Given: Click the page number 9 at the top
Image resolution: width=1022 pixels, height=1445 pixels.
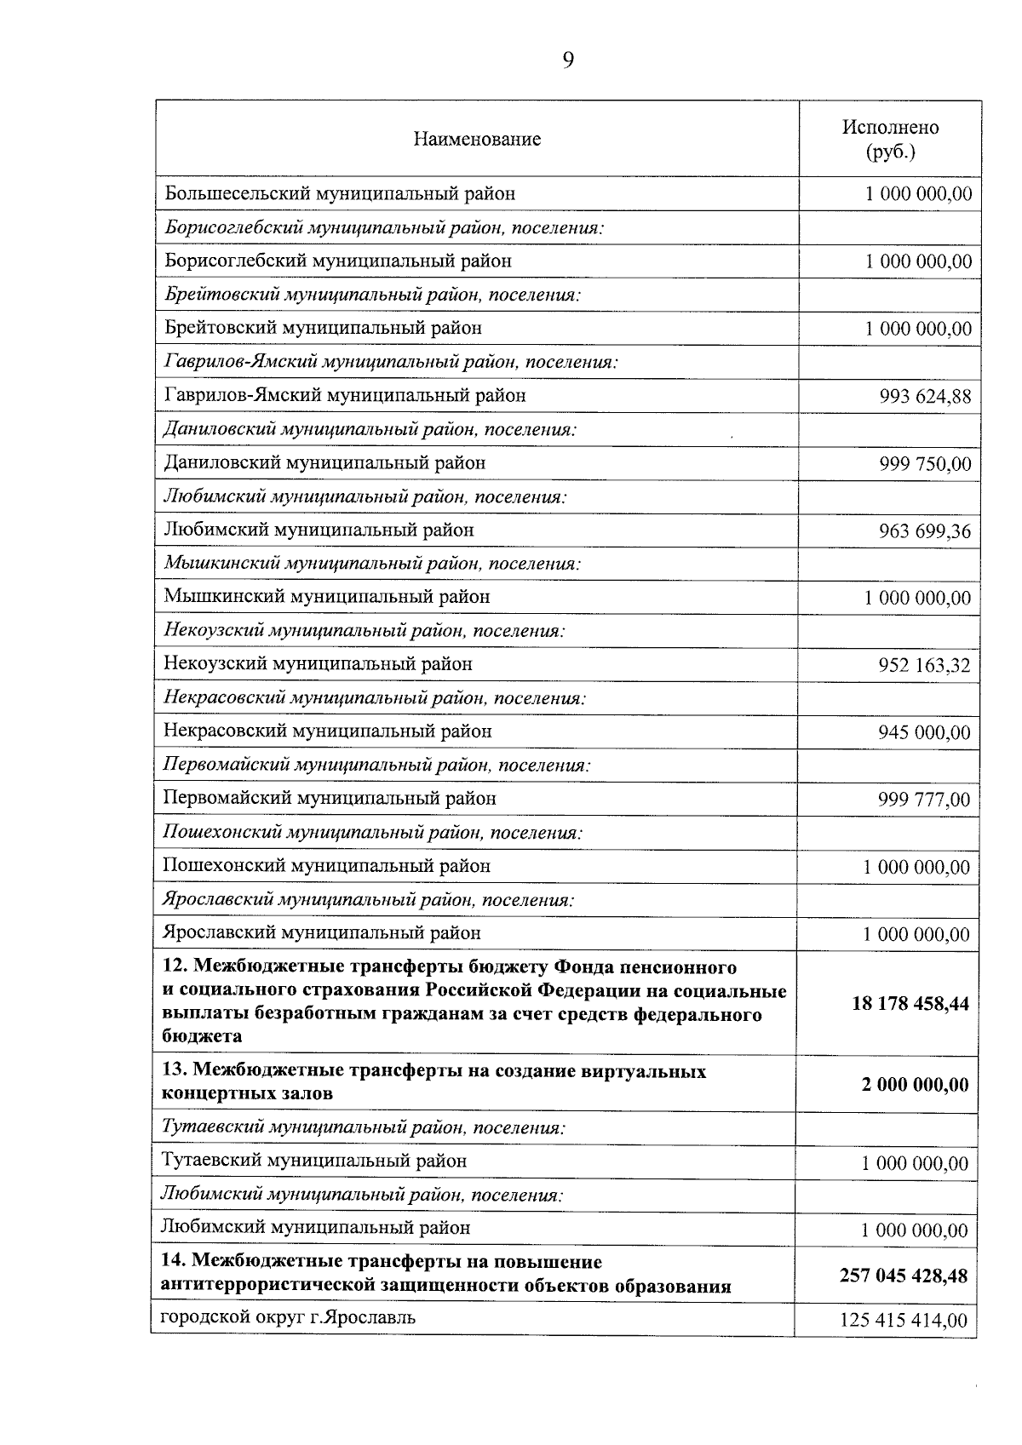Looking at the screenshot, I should (568, 59).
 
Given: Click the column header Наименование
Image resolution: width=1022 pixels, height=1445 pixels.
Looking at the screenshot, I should (477, 139).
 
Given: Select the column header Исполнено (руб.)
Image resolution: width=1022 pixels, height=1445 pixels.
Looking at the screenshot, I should (890, 139).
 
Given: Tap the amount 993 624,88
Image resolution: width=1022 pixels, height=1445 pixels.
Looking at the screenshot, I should (925, 397).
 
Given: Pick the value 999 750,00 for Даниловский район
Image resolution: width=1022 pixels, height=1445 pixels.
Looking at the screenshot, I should (925, 464).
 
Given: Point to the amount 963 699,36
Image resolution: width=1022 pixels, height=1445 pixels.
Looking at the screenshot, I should (925, 531).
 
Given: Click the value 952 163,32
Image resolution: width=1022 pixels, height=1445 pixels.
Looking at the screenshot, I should (924, 665).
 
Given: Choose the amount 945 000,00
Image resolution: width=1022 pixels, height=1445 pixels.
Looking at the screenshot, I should (924, 732).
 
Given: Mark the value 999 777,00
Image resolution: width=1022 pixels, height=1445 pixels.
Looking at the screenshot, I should (924, 800).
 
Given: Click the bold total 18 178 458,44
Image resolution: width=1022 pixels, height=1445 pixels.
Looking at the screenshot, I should (910, 1003).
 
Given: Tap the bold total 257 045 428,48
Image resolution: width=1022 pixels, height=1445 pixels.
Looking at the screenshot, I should (904, 1275).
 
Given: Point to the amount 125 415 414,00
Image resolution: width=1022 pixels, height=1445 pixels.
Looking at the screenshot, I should (904, 1321).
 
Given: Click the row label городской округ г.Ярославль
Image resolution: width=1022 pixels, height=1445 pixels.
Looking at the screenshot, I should (289, 1317).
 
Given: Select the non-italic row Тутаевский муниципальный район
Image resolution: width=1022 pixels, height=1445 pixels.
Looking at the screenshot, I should (314, 1161).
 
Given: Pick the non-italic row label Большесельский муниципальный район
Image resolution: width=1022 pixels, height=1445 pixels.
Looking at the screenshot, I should (340, 193).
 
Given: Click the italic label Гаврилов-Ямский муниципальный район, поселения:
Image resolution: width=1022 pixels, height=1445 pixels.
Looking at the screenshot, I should (390, 362).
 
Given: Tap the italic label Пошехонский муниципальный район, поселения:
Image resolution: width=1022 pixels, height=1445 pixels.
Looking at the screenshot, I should (372, 832).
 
